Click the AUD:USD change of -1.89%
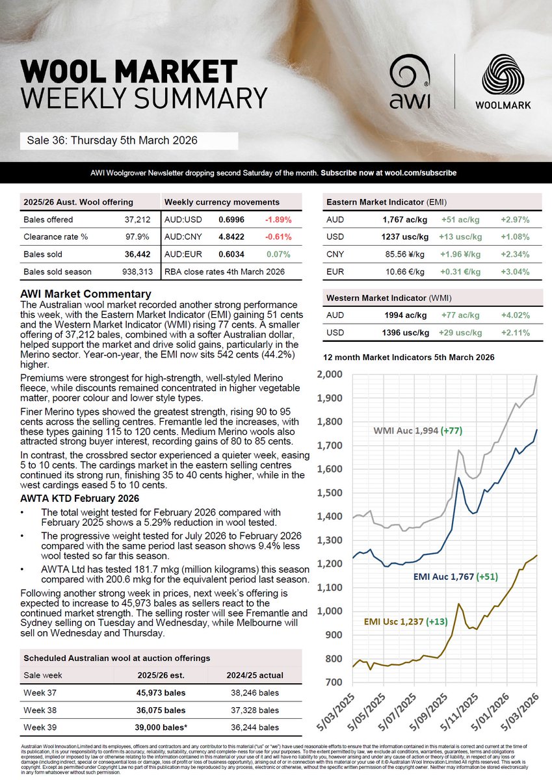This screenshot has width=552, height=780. pyautogui.click(x=278, y=220)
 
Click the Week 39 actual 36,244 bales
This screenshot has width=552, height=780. pyautogui.click(x=256, y=727)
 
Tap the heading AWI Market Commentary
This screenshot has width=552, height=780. pyautogui.click(x=86, y=294)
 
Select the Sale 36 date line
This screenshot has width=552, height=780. pyautogui.click(x=112, y=140)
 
